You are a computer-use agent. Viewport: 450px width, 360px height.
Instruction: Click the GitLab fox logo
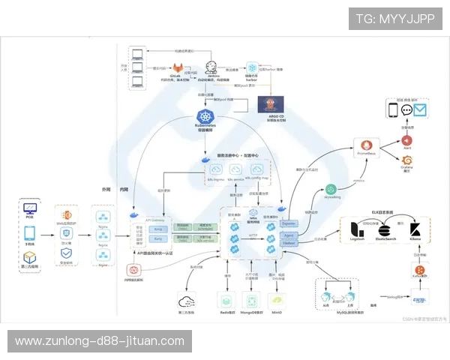tap(176, 65)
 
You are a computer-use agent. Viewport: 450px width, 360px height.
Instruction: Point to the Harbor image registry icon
tap(252, 67)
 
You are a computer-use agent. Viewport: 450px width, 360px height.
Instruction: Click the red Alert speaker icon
tap(407, 140)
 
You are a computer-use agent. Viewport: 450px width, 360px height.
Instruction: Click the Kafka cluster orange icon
tap(420, 270)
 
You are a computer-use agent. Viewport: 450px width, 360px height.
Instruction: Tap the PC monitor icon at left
tap(30, 209)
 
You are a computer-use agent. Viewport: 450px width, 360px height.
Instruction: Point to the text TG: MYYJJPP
tap(394, 18)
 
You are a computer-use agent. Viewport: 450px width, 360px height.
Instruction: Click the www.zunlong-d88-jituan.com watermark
tap(99, 341)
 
